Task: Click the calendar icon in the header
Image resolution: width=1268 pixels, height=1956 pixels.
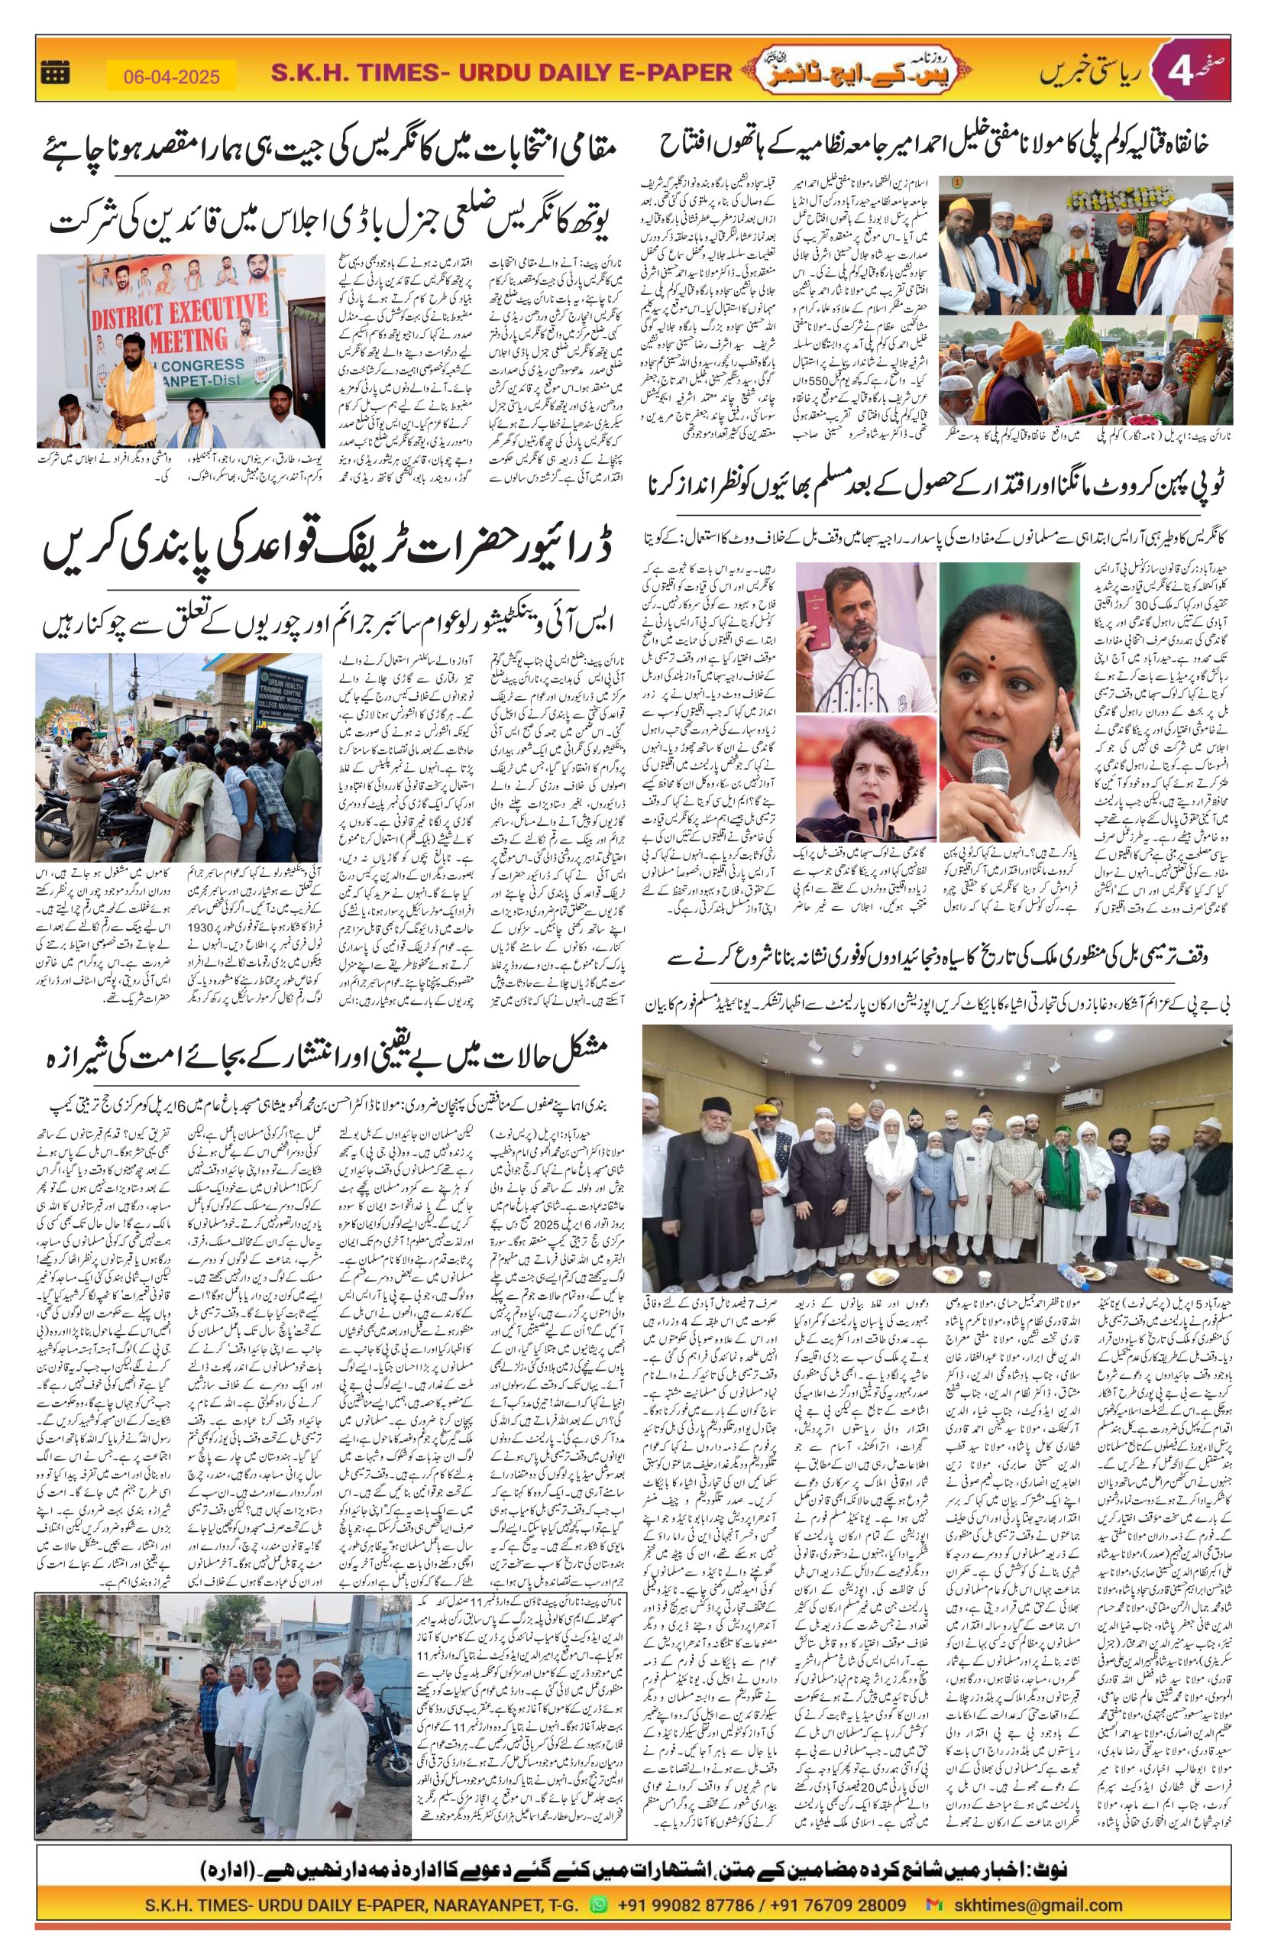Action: [x=55, y=73]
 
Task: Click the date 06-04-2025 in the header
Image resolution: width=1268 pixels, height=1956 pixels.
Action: [x=172, y=76]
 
